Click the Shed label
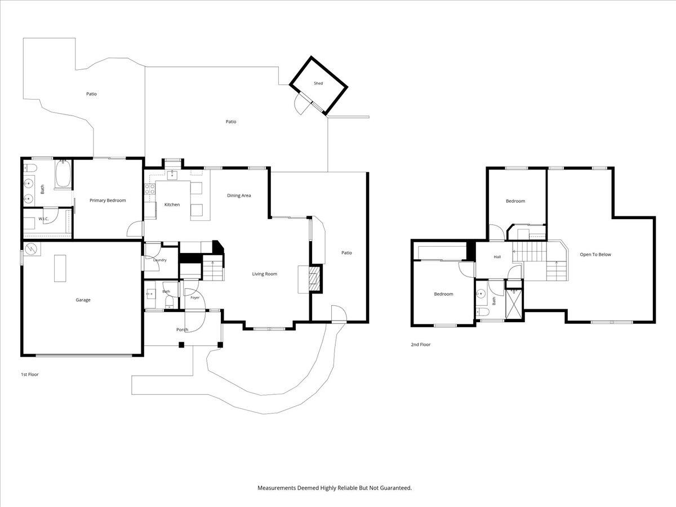[x=318, y=83]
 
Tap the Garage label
[x=83, y=300]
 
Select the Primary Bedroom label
[x=108, y=201]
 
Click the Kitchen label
[x=172, y=204]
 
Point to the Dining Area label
[x=239, y=195]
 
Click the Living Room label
[x=265, y=274]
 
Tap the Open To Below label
[x=595, y=255]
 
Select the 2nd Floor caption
[x=420, y=344]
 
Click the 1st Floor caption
[x=29, y=374]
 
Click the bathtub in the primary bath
[x=63, y=174]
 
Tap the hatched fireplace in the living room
[x=314, y=279]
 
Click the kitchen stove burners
[x=150, y=189]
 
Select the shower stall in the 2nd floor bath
[x=514, y=304]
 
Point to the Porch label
[x=182, y=330]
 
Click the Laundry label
[x=160, y=260]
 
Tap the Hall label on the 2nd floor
[x=497, y=257]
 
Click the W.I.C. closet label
[x=43, y=219]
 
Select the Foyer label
[x=195, y=297]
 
